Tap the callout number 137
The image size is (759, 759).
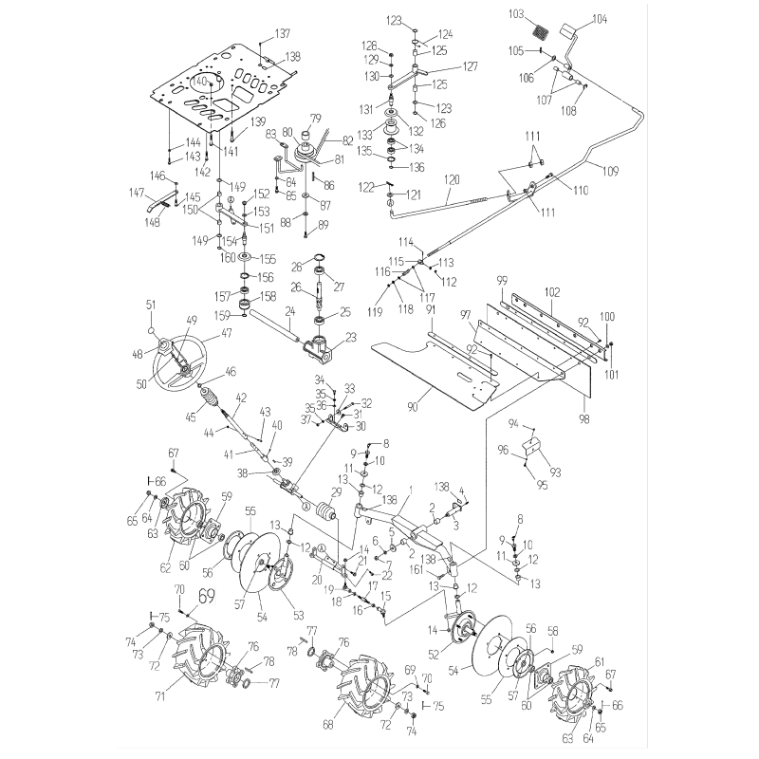pyautogui.click(x=283, y=34)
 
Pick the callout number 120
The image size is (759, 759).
pyautogui.click(x=452, y=179)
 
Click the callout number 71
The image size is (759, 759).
pyautogui.click(x=159, y=696)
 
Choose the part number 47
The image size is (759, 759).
pyautogui.click(x=227, y=334)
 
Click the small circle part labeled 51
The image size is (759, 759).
pyautogui.click(x=150, y=330)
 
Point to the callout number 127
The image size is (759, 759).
pyautogui.click(x=470, y=66)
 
